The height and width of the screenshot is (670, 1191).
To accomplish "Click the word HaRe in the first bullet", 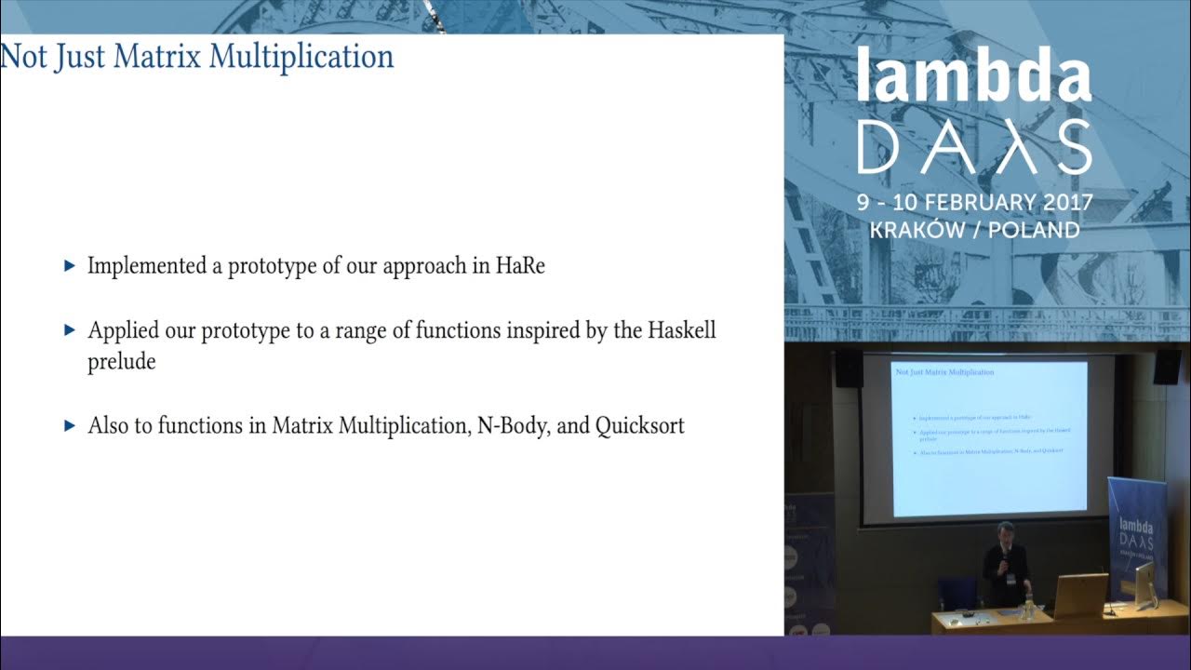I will point(521,265).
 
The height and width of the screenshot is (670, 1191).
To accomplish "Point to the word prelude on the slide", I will point(121,362).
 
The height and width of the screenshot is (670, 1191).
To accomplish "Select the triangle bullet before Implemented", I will point(69,266).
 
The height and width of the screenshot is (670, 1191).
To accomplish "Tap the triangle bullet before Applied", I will point(69,330).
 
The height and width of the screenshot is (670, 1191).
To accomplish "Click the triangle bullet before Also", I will point(69,426).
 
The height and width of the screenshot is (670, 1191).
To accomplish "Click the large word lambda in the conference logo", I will point(973,79).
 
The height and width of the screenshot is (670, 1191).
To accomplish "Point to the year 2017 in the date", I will point(1063,203).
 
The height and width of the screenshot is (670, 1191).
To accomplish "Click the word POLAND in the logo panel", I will point(1034,230).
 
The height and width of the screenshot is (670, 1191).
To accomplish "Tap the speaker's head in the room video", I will point(1004,531).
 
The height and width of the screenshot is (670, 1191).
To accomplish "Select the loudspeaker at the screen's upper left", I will point(848,368).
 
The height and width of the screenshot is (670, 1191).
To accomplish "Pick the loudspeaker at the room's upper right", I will point(1167,367).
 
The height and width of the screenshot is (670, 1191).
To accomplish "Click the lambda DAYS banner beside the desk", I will point(1135,530).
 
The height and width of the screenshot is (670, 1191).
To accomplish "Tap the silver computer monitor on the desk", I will point(1144,583).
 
